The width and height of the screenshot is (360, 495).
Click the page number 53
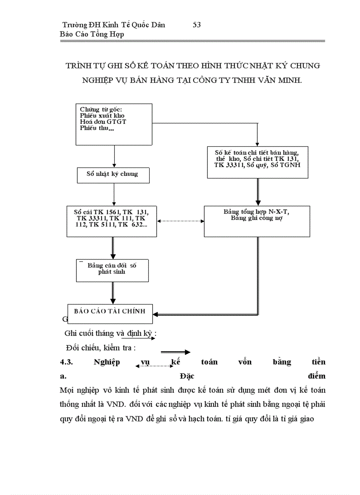point(197,25)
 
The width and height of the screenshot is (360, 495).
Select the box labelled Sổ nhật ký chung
point(113,174)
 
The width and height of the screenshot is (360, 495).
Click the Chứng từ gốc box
point(114,124)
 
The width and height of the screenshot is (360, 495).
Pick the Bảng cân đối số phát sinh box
point(112,270)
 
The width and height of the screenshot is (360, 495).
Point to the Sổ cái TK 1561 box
point(112,221)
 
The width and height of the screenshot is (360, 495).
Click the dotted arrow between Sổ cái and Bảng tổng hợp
point(180,221)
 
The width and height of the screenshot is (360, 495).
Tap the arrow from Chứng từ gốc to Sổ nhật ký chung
point(114,156)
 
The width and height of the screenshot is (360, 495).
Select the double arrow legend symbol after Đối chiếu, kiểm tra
point(175,352)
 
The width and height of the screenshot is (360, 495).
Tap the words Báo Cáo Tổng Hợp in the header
point(92,34)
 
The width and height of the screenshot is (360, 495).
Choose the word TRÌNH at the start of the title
point(77,66)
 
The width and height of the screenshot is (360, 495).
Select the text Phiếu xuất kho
point(102,115)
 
